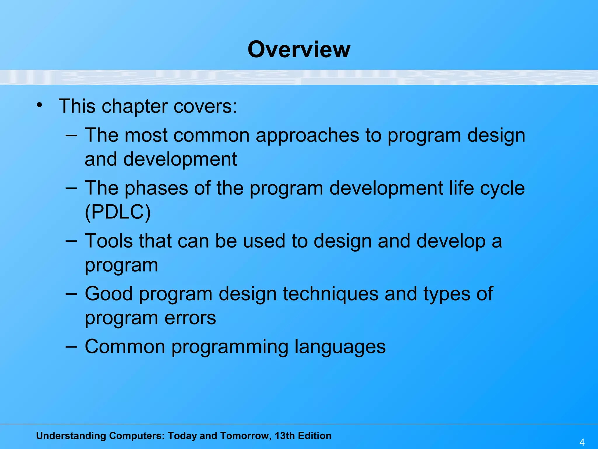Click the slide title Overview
coord(299,49)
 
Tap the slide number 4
coord(582,442)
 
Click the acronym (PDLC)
coord(118,212)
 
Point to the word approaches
coord(307,136)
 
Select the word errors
coord(190,318)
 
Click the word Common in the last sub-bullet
coord(125,347)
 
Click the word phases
coord(156,189)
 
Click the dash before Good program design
coord(71,293)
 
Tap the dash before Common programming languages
coord(71,346)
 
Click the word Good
coord(109,294)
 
